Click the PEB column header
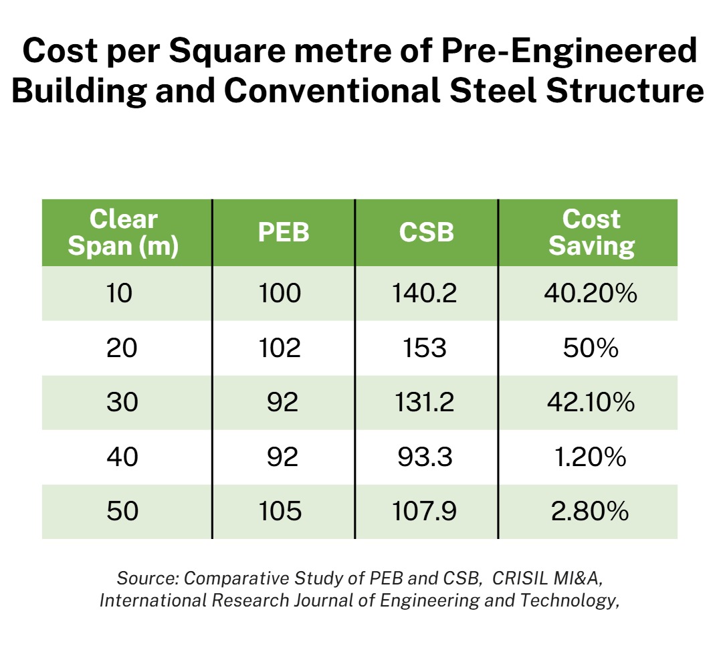(x=284, y=232)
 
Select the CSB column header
(x=426, y=232)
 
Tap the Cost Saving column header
(x=591, y=232)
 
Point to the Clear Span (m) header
(x=124, y=232)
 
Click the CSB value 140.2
(x=426, y=294)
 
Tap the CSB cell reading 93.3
(x=426, y=457)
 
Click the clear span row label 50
(x=122, y=512)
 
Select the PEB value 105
(x=282, y=512)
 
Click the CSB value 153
(x=426, y=348)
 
